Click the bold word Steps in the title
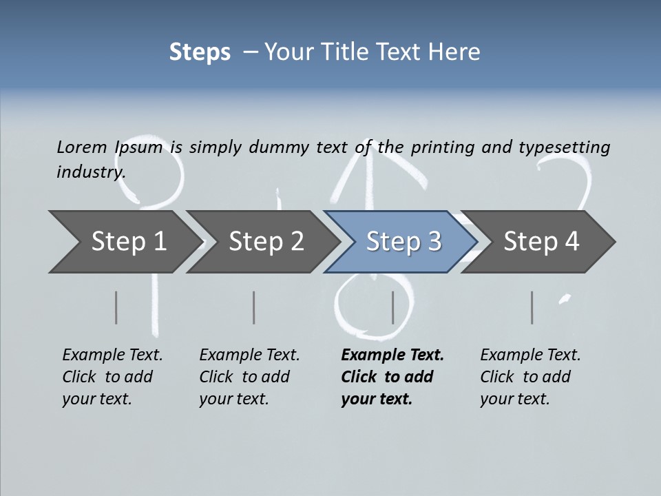point(200,52)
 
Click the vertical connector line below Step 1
point(116,307)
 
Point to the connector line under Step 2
point(254,307)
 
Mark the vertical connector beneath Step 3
point(392,307)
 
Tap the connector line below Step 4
point(532,307)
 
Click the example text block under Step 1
point(112,377)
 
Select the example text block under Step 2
point(249,377)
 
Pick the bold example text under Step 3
point(392,377)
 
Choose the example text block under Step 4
point(530,377)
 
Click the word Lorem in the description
point(81,147)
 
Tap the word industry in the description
point(91,172)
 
